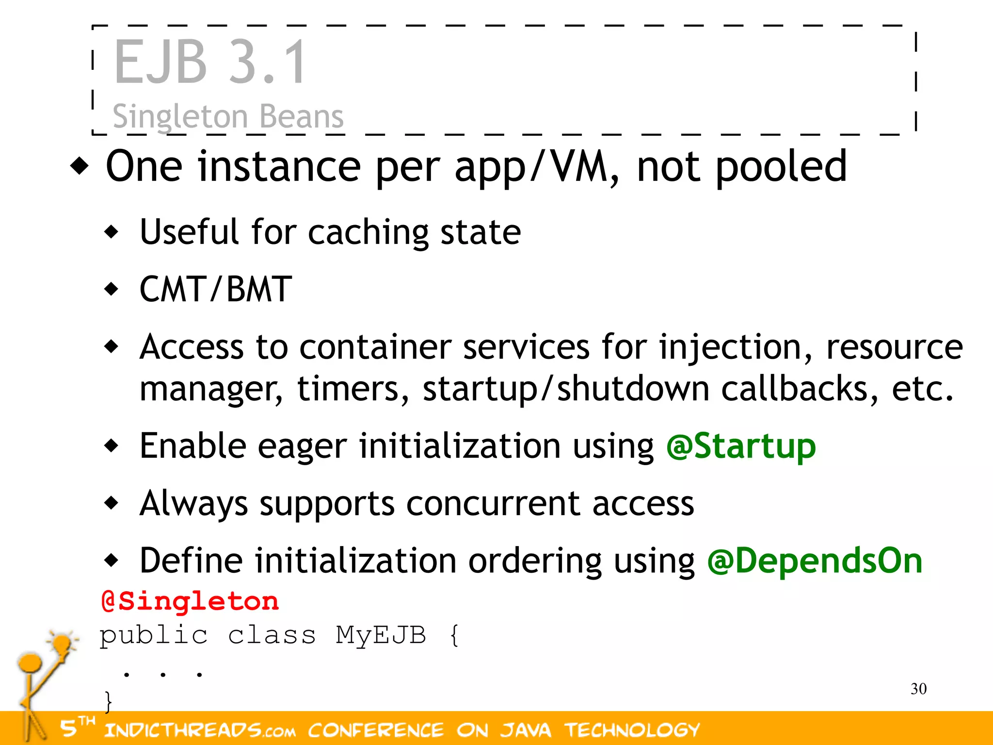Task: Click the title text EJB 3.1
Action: (209, 62)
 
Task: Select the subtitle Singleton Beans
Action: (228, 116)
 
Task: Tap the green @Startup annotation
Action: (741, 446)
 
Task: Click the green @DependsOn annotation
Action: (815, 561)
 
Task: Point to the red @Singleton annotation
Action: (190, 601)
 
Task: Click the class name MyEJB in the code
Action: (381, 635)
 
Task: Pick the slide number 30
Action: (918, 689)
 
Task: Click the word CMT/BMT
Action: (216, 290)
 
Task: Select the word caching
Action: (368, 233)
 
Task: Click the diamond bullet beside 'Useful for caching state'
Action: (112, 232)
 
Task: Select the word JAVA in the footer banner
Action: (526, 730)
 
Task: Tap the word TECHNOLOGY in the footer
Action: (632, 730)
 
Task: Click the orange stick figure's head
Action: (30, 663)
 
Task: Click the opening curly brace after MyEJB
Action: (454, 635)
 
